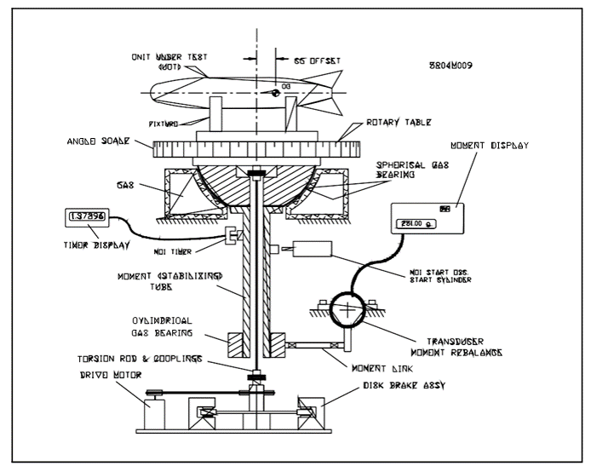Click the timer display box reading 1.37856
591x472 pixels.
click(x=88, y=219)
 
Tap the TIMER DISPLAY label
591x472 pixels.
click(x=95, y=245)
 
